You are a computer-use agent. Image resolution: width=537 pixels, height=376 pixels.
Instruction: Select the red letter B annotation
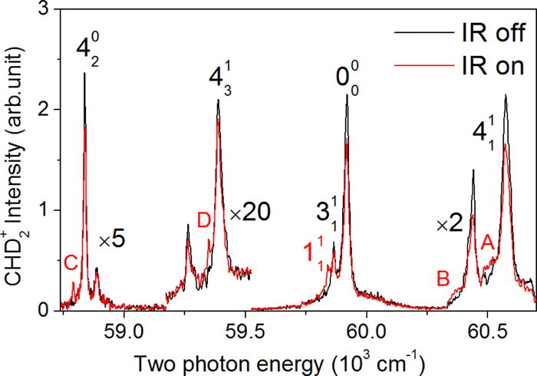tap(443, 278)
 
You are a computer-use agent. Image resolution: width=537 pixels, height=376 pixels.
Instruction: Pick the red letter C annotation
tap(71, 263)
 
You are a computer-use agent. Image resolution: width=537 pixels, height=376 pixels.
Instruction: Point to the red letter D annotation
tap(203, 220)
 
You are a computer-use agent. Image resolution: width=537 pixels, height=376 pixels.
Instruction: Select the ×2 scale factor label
tap(448, 224)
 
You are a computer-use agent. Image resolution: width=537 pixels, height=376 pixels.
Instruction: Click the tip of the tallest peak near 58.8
tap(84, 74)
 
